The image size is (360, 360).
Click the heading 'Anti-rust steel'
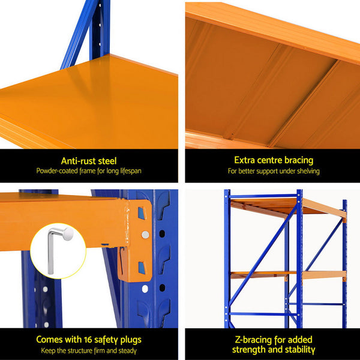89,161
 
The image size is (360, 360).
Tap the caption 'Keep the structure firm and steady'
89,351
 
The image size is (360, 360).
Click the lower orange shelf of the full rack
288,274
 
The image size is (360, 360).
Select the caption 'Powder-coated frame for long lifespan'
89,171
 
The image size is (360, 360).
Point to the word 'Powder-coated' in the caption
55,171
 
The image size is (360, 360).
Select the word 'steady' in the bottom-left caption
127,351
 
